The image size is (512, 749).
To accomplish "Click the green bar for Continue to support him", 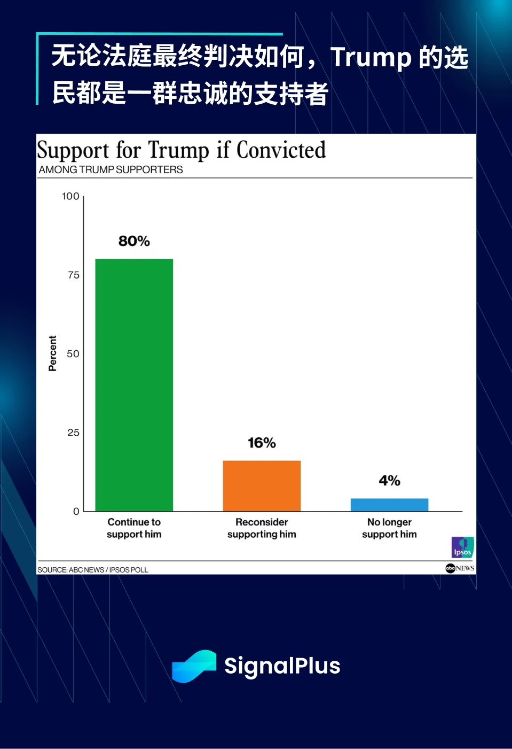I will click(x=134, y=385).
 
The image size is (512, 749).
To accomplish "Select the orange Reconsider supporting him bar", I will click(x=262, y=485).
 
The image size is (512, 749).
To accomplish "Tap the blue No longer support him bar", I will click(x=389, y=505).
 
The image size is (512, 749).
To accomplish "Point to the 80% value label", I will click(x=134, y=241).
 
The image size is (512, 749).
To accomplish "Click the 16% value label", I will click(x=262, y=443).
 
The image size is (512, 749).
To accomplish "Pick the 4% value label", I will click(x=389, y=481).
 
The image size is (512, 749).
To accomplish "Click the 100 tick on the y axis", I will click(x=70, y=196).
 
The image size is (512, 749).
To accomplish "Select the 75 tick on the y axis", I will click(x=74, y=275).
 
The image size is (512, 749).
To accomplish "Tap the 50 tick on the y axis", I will click(x=73, y=354).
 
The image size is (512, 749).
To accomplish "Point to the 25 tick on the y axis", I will click(x=74, y=433).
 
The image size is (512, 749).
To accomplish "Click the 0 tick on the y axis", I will click(x=76, y=512).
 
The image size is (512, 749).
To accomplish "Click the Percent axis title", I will click(x=52, y=353).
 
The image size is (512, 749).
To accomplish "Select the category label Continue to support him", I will click(x=134, y=528).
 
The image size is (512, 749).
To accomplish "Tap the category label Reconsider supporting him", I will click(x=262, y=528).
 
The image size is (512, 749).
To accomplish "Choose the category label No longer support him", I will click(x=389, y=528).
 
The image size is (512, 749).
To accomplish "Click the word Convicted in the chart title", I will click(x=281, y=150).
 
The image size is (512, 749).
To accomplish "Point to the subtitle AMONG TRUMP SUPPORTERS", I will click(x=111, y=169).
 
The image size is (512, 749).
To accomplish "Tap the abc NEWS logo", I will click(x=460, y=568).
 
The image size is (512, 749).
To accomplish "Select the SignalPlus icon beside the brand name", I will click(x=194, y=666).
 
